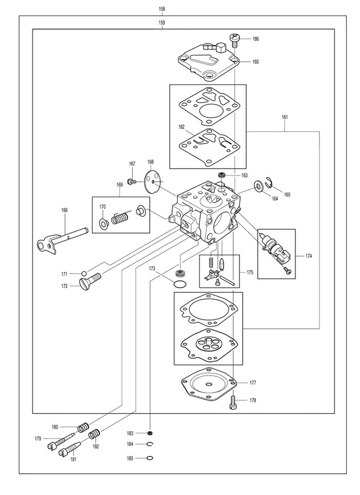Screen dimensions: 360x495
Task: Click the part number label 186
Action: coord(255,39)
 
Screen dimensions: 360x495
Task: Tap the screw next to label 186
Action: coord(234,40)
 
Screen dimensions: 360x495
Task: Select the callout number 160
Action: coord(255,62)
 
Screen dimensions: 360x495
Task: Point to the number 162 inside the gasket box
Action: coord(181,127)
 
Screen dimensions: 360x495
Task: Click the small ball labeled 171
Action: coord(84,273)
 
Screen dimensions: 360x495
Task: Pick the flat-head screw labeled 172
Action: coord(90,281)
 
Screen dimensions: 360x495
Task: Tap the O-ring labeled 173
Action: coord(180,284)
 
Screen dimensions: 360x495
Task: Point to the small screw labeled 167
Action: coord(131,181)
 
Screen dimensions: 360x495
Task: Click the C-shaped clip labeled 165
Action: coord(268,182)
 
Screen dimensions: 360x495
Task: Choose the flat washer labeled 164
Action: coord(259,186)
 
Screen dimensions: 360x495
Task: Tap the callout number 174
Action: coord(308,256)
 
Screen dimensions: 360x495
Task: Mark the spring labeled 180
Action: coord(83,427)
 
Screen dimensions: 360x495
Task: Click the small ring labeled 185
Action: coord(150,458)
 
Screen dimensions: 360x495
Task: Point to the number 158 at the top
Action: coord(162,9)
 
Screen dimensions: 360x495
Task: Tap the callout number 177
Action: coord(253,383)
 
